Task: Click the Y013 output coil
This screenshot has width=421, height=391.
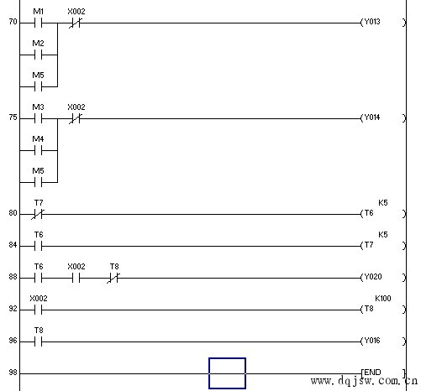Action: (x=383, y=22)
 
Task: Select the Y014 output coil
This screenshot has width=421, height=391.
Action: (x=383, y=117)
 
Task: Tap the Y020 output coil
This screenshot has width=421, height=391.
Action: (x=383, y=277)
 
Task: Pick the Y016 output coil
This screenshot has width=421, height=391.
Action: (x=383, y=341)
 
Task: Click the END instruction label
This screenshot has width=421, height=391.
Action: (x=372, y=373)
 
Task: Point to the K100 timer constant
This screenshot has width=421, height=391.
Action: (x=383, y=299)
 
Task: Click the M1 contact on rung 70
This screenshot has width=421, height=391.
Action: (x=38, y=23)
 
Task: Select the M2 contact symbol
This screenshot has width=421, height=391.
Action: (x=38, y=55)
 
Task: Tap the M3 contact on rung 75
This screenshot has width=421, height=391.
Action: (x=38, y=119)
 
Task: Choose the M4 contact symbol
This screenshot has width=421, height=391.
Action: (x=38, y=151)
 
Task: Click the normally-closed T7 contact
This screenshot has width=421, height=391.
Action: (x=38, y=215)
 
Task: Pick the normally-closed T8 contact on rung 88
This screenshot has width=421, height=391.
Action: (x=113, y=279)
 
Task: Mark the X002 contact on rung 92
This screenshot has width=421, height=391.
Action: (x=38, y=310)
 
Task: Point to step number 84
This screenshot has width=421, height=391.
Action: (x=13, y=245)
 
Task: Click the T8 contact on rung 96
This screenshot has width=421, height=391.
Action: (x=38, y=342)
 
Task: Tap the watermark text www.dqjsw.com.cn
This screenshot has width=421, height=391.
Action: (x=364, y=381)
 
